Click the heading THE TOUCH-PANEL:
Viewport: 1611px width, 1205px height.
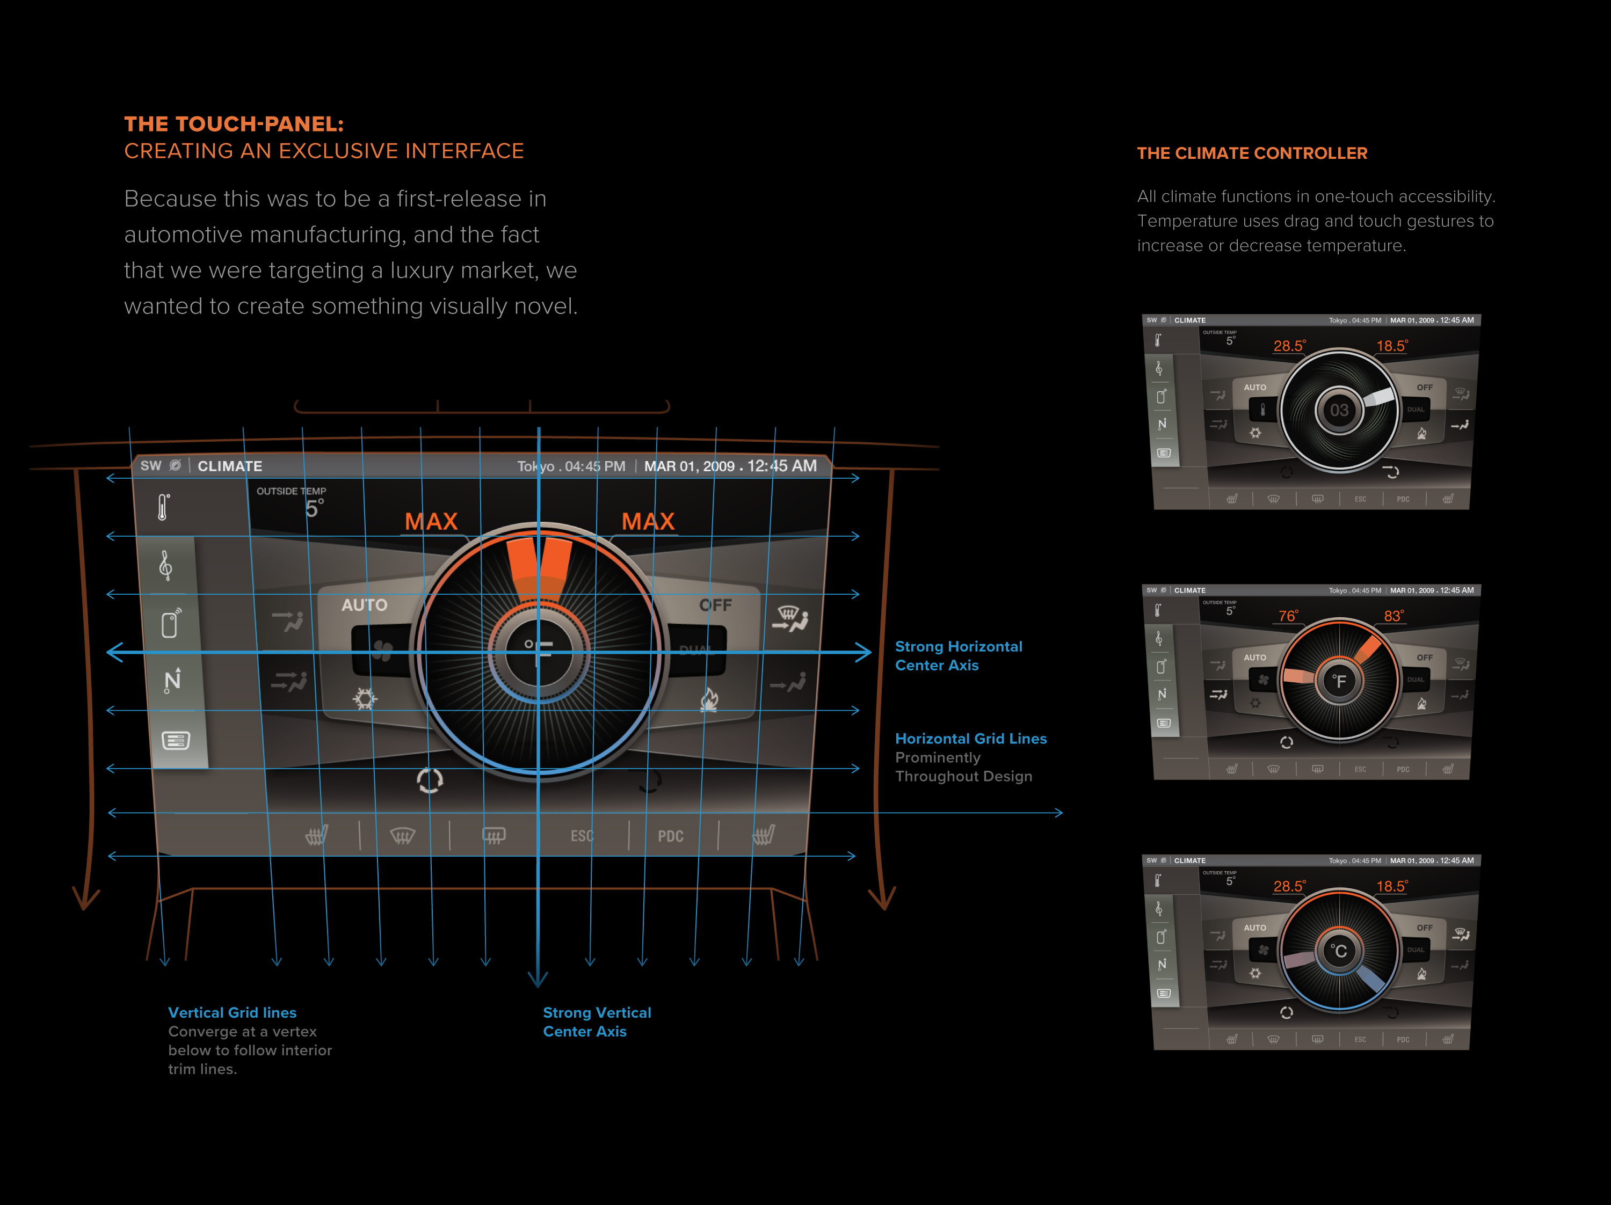click(234, 124)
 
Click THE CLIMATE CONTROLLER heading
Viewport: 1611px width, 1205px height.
click(1252, 153)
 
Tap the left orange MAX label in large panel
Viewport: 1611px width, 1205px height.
click(431, 521)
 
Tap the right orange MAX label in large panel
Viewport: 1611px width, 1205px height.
click(648, 521)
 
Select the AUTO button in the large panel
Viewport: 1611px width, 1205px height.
click(364, 605)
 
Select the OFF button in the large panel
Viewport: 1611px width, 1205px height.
click(715, 605)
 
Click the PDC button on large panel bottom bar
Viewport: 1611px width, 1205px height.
click(671, 836)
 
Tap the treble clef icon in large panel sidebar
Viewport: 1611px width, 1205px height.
click(166, 565)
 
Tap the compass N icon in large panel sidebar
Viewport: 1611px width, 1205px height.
click(172, 681)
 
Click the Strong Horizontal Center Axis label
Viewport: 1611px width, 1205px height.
click(957, 655)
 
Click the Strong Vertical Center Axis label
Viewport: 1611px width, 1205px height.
click(597, 1021)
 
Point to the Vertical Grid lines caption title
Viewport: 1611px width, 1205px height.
click(233, 1012)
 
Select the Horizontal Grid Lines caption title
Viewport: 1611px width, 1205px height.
click(971, 738)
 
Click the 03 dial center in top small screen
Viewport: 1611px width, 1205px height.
click(1339, 411)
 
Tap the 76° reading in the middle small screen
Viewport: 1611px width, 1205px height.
click(1288, 616)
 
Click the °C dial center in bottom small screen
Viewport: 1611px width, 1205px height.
click(1339, 951)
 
